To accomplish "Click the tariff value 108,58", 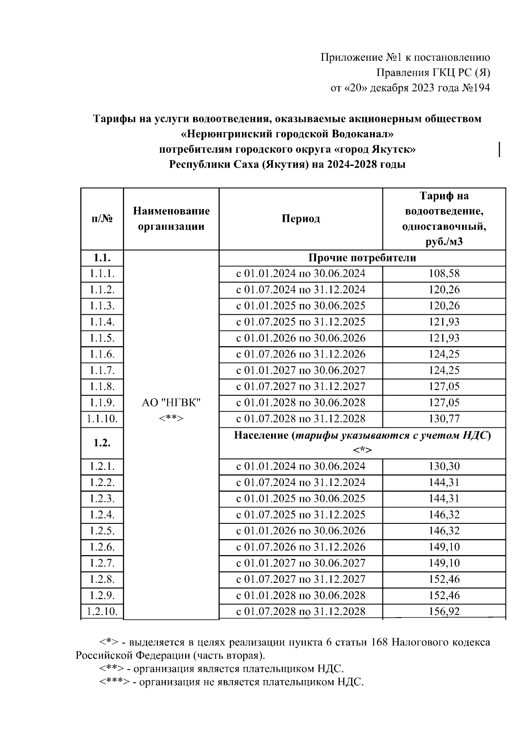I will point(444,273).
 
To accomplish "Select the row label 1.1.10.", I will point(102,419).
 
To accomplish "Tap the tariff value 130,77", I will point(444,419).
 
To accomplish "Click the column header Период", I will point(301,219).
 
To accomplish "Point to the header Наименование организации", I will point(171,219).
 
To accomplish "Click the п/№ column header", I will point(102,219).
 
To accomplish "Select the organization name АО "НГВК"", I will point(171,402).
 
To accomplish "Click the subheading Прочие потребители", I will point(362,258).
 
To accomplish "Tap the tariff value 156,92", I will point(444,611).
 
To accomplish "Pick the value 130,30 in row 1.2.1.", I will point(444,466).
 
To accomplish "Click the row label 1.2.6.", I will point(102,547).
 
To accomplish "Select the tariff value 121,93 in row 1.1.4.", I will point(444,322).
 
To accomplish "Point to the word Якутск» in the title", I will point(394,149).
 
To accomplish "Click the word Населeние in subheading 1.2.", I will point(261,436).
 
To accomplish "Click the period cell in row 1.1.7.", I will point(301,370).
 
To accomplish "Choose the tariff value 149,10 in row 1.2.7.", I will point(444,563).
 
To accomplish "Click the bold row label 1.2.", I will point(102,443).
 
